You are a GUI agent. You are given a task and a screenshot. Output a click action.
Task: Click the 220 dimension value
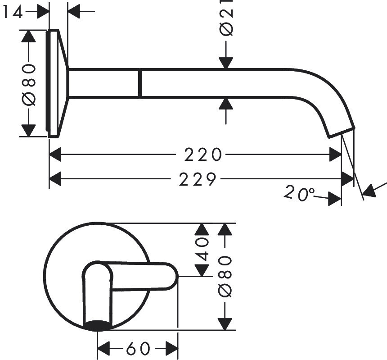[203, 155]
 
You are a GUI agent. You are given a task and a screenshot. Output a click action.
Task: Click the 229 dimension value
[198, 179]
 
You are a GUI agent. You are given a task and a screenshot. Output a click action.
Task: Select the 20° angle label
[299, 193]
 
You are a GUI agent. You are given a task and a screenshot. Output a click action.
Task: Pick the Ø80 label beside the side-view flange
[28, 84]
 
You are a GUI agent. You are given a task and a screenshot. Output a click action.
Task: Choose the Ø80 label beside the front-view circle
[225, 276]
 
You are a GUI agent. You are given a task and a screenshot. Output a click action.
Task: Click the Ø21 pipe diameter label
[226, 18]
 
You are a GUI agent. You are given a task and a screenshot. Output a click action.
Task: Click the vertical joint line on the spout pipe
[140, 83]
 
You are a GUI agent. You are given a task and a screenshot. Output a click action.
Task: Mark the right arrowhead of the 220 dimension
[336, 155]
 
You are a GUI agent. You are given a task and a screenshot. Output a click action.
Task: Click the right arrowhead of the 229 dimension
[348, 179]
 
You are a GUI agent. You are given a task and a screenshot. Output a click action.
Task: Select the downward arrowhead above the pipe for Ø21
[225, 63]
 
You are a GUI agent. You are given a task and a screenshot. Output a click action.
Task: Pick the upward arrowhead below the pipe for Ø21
[225, 104]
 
